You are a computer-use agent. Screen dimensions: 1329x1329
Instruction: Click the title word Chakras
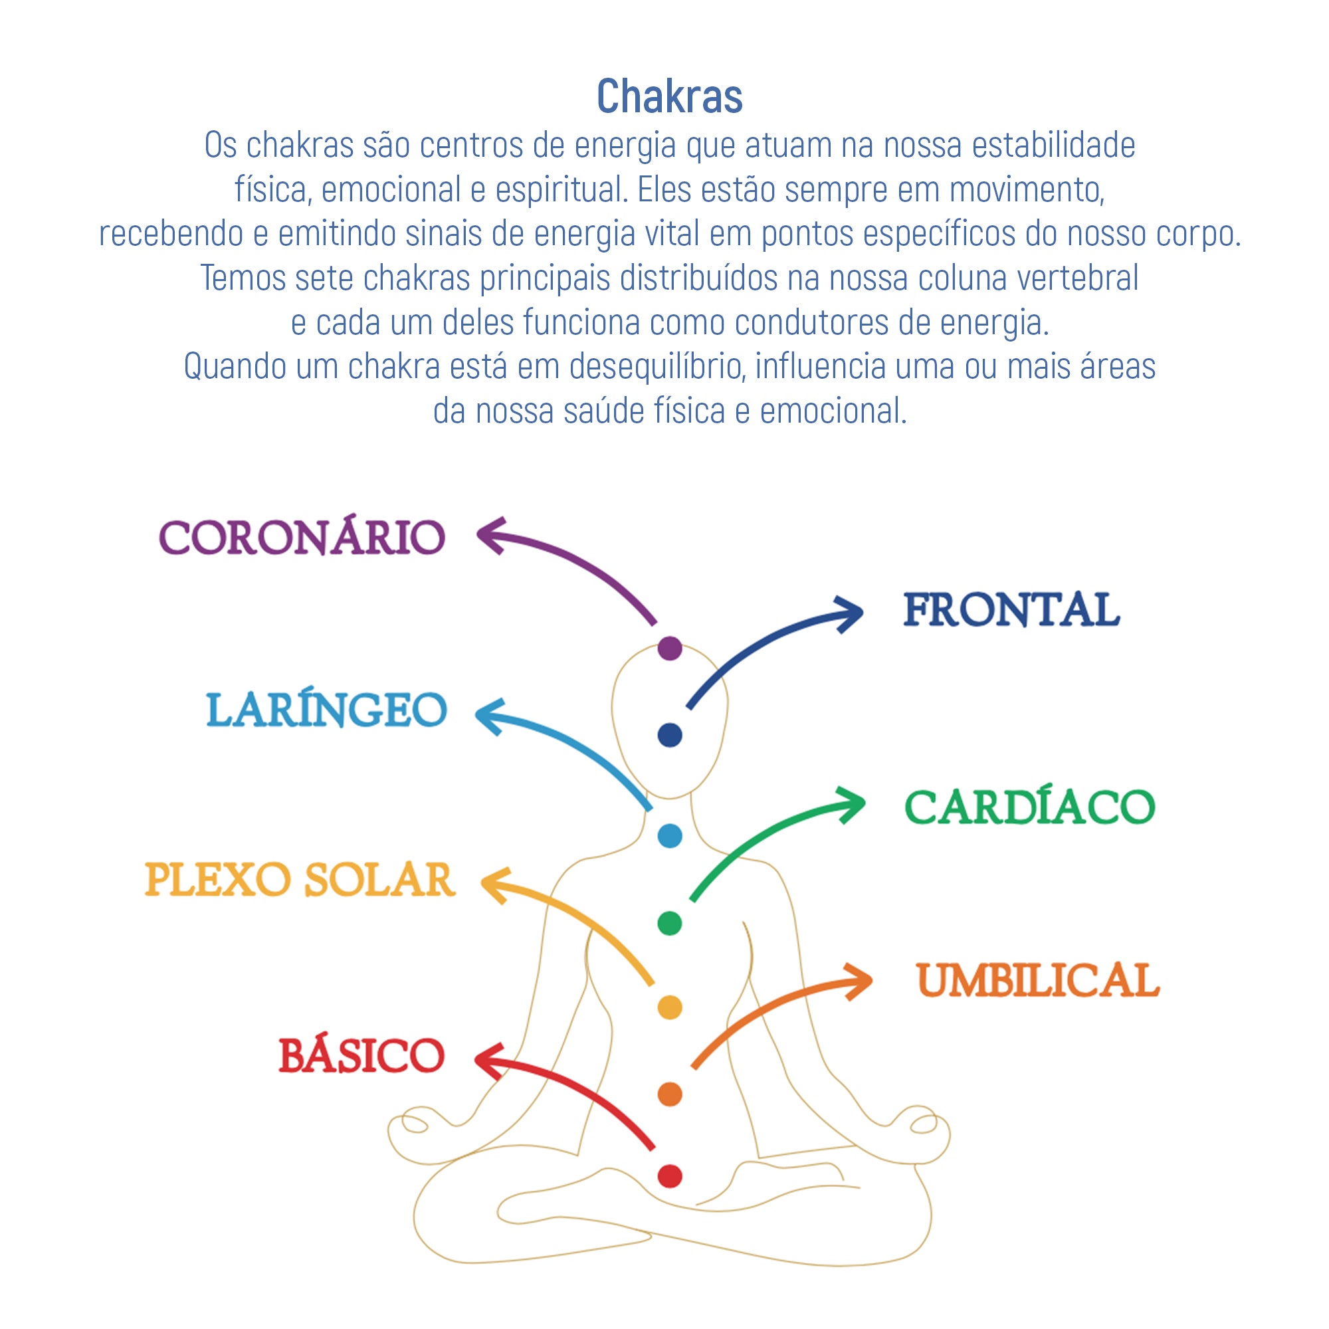coord(669,96)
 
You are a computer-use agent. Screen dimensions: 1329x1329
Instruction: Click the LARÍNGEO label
coord(327,710)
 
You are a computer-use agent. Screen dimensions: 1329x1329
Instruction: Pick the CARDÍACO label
coord(1029,807)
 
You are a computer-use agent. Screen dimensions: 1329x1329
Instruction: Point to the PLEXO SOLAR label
coord(300,880)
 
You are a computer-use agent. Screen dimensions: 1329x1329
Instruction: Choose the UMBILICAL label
coord(1038,980)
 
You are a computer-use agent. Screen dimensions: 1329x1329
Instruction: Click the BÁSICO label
coord(362,1056)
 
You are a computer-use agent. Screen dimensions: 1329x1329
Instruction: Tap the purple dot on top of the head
coord(669,648)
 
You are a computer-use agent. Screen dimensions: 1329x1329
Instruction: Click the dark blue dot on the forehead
coord(669,735)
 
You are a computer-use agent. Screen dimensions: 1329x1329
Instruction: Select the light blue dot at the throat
coord(669,836)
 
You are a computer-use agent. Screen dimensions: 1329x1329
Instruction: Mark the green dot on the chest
coord(669,923)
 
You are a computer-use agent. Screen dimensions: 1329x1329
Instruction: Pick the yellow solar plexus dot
coord(669,1007)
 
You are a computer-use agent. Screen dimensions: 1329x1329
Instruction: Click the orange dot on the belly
coord(669,1094)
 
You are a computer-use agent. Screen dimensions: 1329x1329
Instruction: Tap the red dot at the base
coord(669,1176)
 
